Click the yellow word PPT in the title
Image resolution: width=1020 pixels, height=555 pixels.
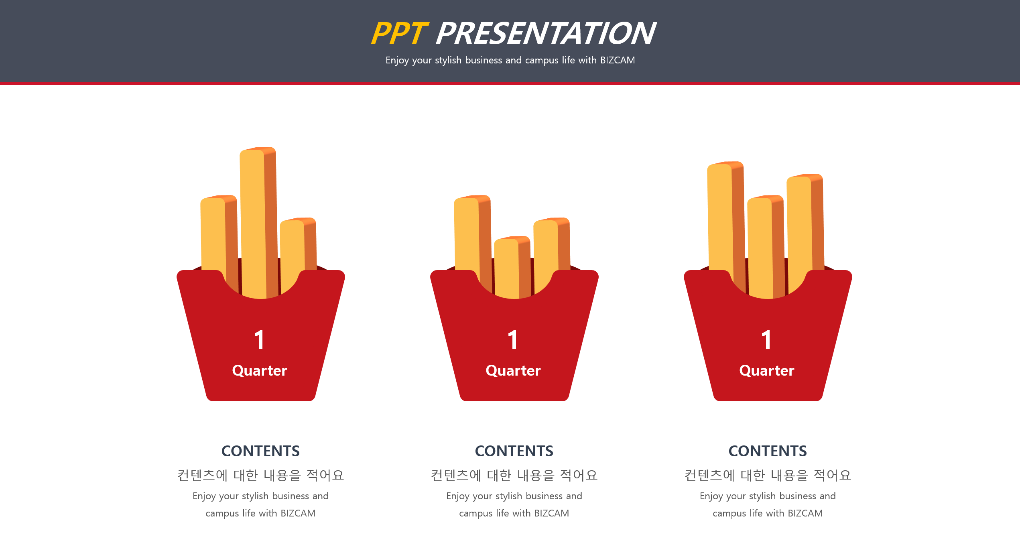pyautogui.click(x=400, y=33)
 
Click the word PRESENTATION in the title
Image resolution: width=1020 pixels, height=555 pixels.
pyautogui.click(x=546, y=33)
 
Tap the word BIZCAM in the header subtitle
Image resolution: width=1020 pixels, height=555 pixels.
pyautogui.click(x=618, y=60)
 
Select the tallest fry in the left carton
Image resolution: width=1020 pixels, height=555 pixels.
pyautogui.click(x=259, y=223)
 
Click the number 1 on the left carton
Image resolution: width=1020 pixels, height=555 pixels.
pyautogui.click(x=259, y=340)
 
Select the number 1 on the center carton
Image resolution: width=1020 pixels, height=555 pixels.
pyautogui.click(x=513, y=340)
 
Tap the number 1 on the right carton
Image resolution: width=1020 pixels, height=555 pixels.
pyautogui.click(x=766, y=340)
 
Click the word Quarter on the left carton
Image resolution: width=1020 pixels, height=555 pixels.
pyautogui.click(x=260, y=371)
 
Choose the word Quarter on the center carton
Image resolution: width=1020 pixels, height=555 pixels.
pyautogui.click(x=513, y=371)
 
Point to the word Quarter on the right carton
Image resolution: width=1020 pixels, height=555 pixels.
pyautogui.click(x=767, y=371)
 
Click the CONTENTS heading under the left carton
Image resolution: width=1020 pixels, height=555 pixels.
pyautogui.click(x=260, y=451)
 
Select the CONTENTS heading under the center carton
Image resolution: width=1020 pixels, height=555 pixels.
pyautogui.click(x=514, y=451)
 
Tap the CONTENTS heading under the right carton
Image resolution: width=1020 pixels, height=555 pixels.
pyautogui.click(x=768, y=451)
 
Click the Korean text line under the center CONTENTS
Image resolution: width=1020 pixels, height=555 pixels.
pyautogui.click(x=514, y=475)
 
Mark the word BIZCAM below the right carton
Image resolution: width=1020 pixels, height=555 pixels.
pyautogui.click(x=805, y=513)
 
